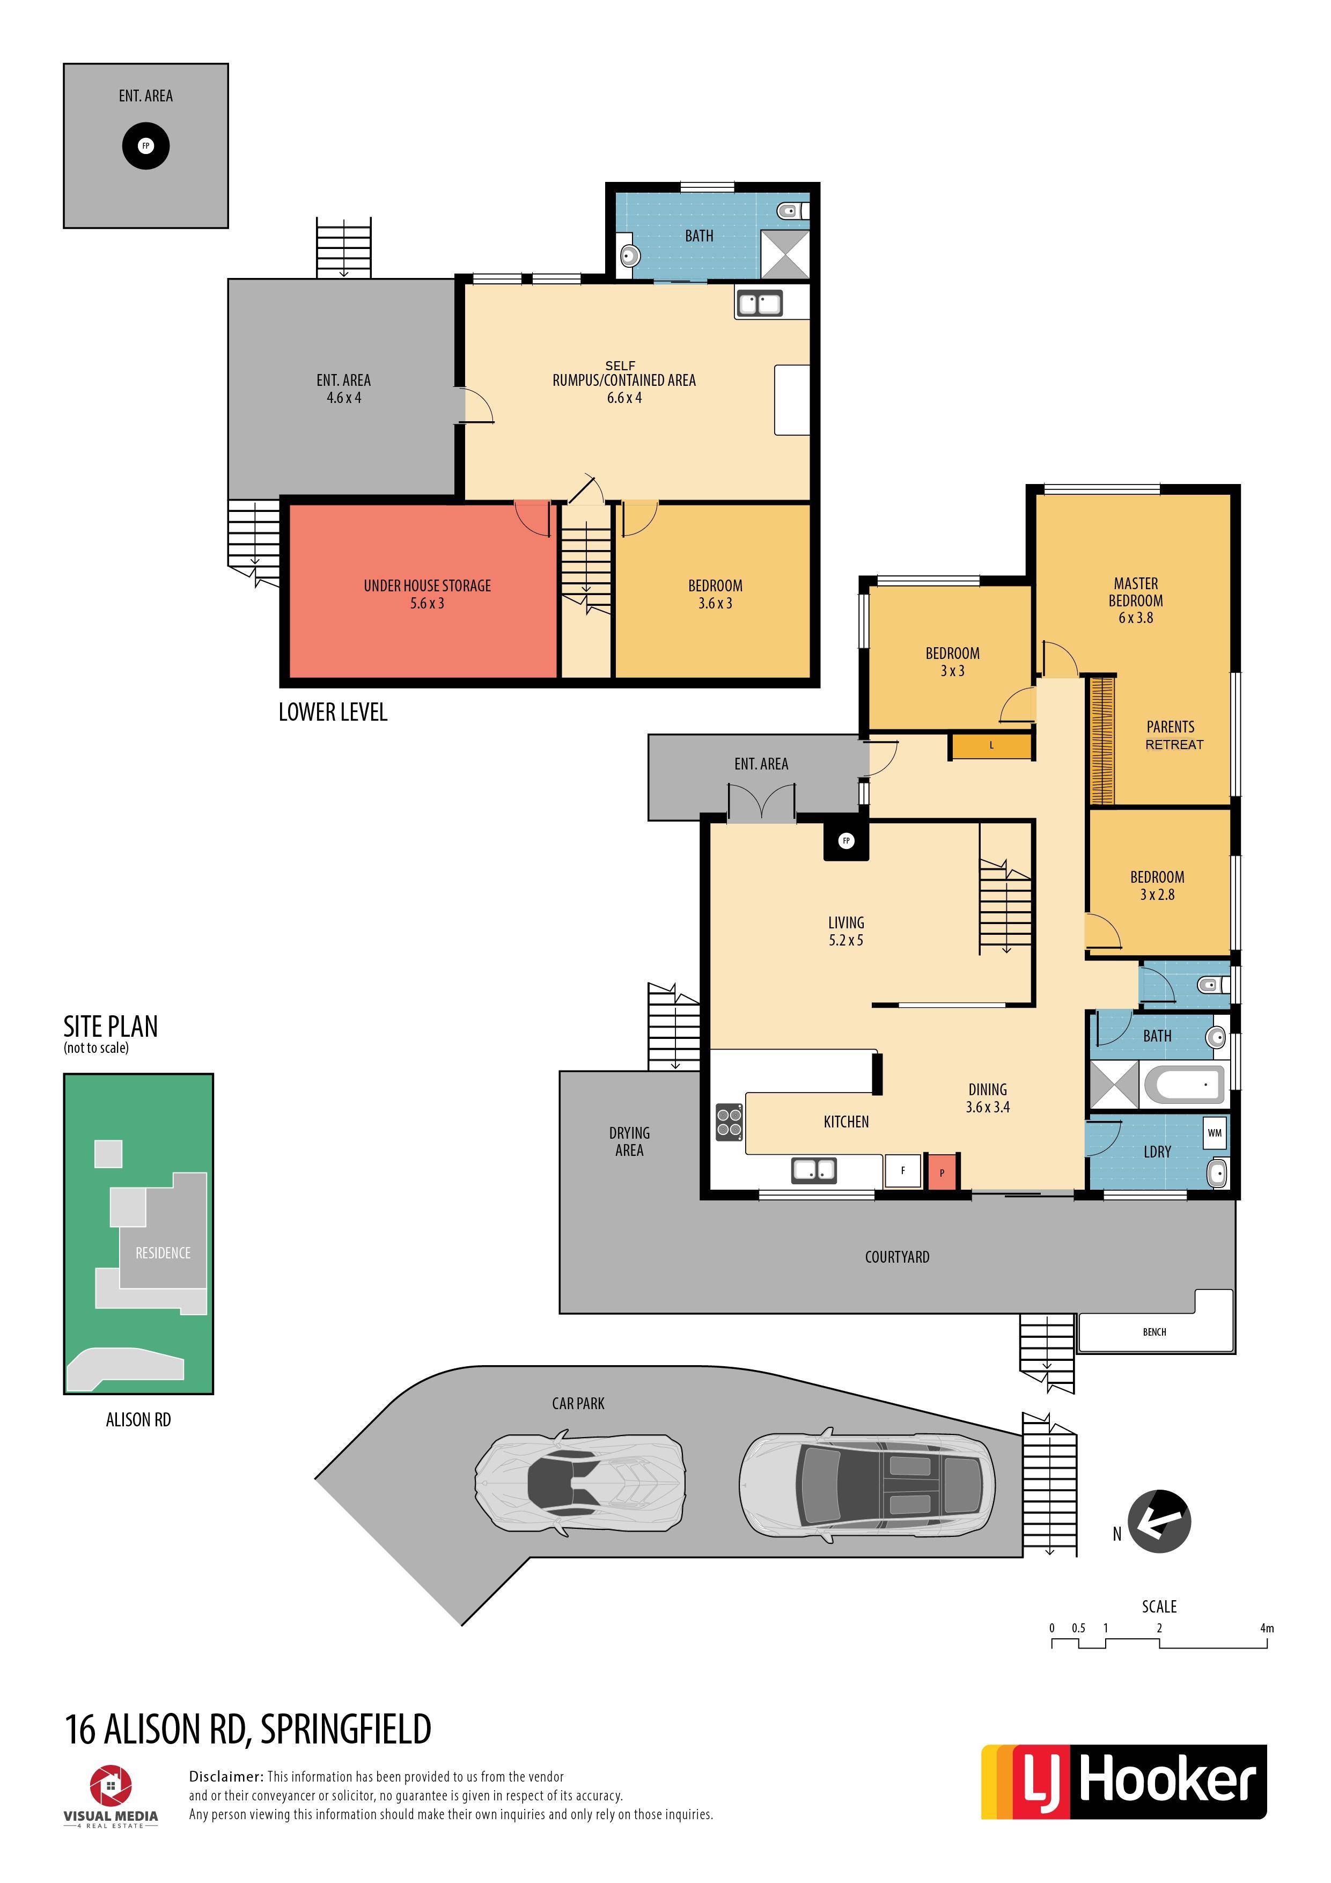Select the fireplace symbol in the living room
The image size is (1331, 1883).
coord(847,841)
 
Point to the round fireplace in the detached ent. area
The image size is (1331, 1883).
coord(146,146)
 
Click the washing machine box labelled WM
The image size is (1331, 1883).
coord(1215,1133)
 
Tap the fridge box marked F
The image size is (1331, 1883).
coord(903,1170)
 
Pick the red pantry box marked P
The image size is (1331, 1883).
coord(942,1172)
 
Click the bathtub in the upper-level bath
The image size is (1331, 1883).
coord(1183,1084)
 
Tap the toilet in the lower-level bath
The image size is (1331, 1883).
coord(791,211)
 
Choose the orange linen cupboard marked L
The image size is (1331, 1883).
coord(991,745)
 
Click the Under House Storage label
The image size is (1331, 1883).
coord(427,594)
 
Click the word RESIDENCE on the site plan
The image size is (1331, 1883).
coord(163,1252)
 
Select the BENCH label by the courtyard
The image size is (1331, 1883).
coord(1154,1332)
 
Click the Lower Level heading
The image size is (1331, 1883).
coord(333,712)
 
